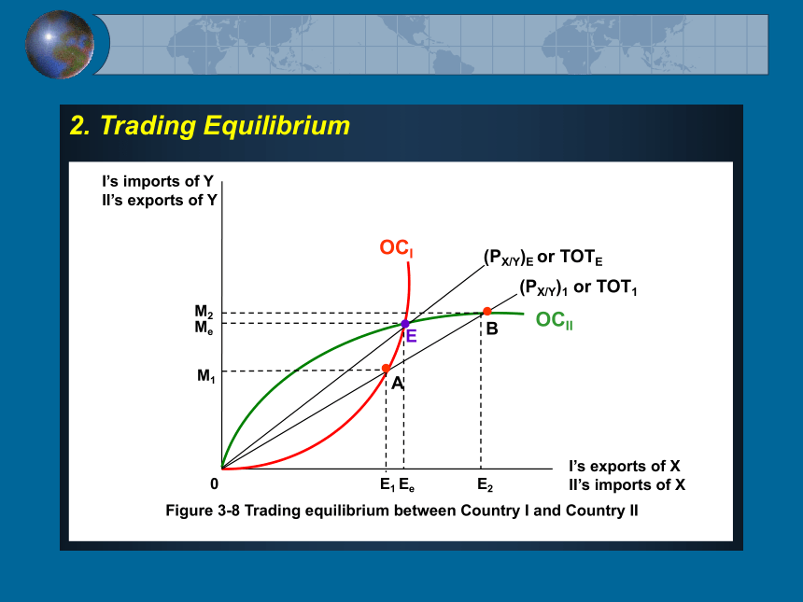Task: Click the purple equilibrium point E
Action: (x=405, y=324)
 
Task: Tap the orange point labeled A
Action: (x=387, y=368)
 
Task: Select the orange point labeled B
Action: (x=487, y=311)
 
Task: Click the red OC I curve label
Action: (x=397, y=248)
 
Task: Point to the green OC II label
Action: (x=554, y=320)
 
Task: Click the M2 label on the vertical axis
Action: (x=204, y=311)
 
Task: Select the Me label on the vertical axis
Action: (x=204, y=327)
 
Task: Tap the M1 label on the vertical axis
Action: (x=205, y=376)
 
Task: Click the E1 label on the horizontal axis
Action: (x=387, y=484)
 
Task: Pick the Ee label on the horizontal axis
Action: (x=406, y=484)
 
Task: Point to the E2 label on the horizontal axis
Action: (x=485, y=484)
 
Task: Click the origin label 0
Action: (x=214, y=483)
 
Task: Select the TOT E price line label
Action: (x=543, y=257)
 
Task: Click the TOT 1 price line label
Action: (x=578, y=287)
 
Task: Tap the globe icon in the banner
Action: (x=60, y=45)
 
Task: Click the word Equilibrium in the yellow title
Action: (x=276, y=125)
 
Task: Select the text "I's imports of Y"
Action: (x=158, y=181)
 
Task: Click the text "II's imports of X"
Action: (x=627, y=484)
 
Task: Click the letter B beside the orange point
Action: (x=492, y=329)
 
